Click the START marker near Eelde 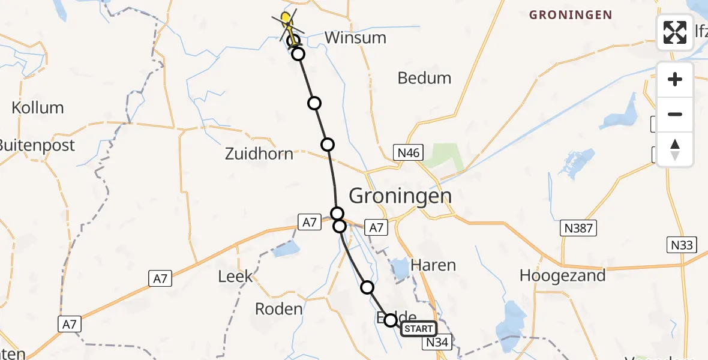(x=418, y=329)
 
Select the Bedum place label (x=424, y=78)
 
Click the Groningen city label (x=400, y=196)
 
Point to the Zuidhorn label (x=259, y=154)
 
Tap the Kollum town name (x=38, y=108)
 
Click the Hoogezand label (x=562, y=275)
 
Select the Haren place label (x=433, y=265)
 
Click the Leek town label (x=235, y=277)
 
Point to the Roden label (x=278, y=309)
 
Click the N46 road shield (x=408, y=153)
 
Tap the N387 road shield (x=578, y=227)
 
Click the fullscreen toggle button (x=675, y=32)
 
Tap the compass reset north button (x=675, y=149)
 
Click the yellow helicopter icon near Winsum (x=287, y=22)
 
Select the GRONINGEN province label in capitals (x=570, y=15)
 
